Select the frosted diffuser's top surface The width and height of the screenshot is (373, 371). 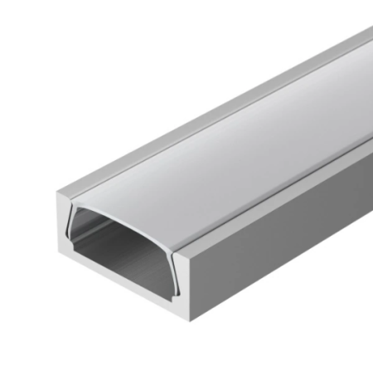click(x=224, y=141)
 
